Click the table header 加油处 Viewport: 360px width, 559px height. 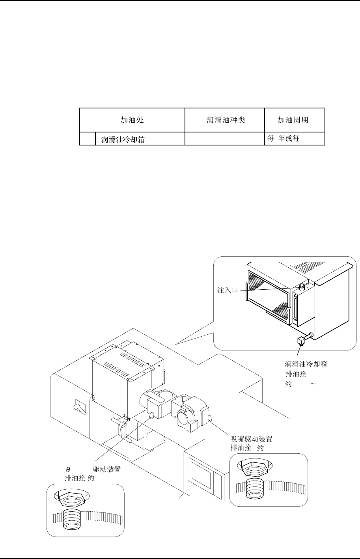coord(132,120)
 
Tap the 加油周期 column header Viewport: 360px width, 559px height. coord(295,120)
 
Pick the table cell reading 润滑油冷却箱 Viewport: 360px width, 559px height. coord(123,140)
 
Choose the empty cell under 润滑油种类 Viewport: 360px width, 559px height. coord(225,139)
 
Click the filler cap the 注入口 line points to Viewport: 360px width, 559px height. coord(302,286)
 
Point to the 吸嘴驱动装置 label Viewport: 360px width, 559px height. coord(251,439)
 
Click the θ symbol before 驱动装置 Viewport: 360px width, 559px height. coord(68,470)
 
